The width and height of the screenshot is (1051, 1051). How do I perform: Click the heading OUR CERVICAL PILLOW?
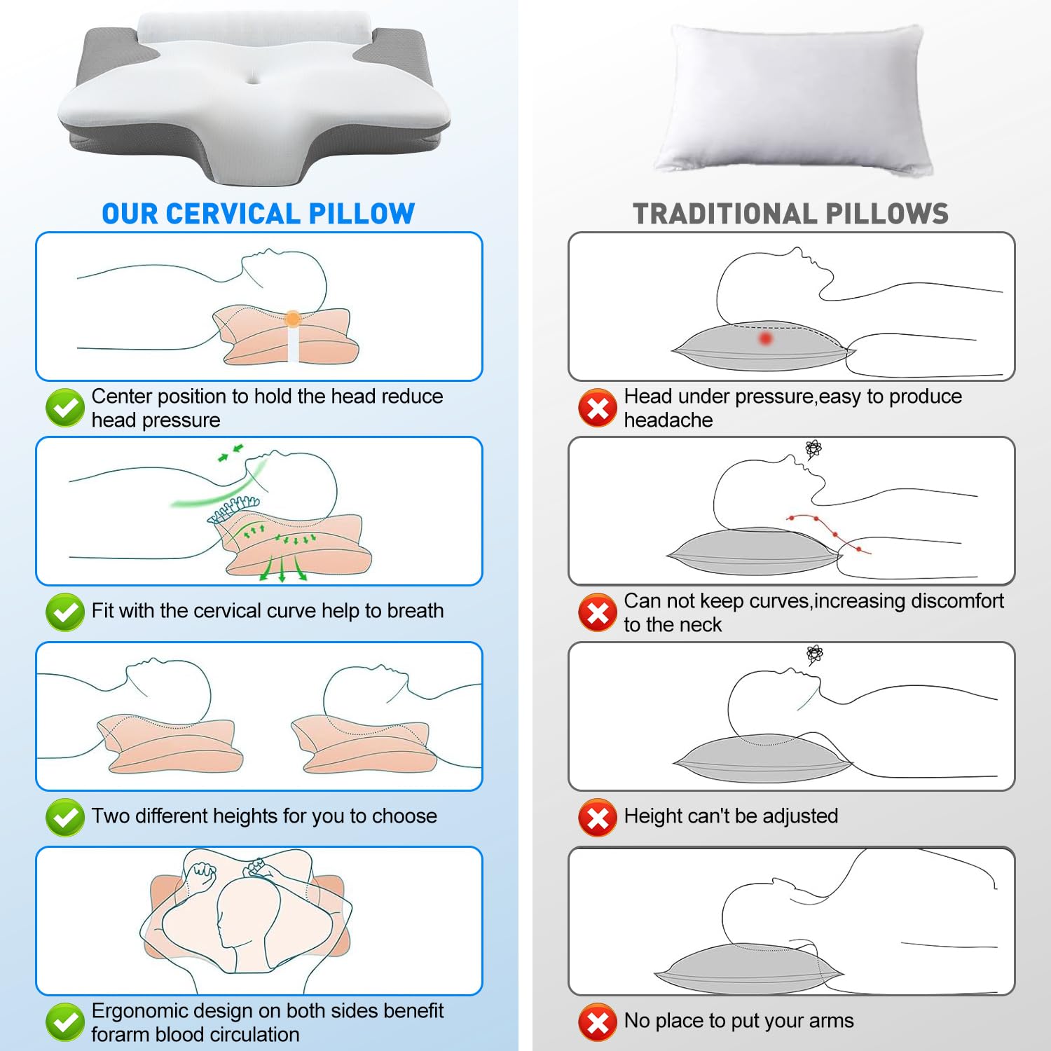coord(259,214)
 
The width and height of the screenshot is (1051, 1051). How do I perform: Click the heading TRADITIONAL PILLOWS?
coord(791,214)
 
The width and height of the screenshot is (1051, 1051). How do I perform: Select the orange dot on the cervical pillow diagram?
coord(293,319)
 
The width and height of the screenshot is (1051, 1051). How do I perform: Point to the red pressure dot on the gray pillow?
coord(766,338)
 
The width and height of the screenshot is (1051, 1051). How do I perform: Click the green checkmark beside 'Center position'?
coord(65,408)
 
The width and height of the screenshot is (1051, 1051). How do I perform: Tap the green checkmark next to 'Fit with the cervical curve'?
coord(65,612)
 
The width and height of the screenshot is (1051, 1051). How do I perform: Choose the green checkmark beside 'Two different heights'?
coord(65,817)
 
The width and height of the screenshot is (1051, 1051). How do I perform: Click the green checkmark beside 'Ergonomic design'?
coord(65,1022)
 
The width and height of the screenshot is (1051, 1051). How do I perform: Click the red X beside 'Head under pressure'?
coord(598,408)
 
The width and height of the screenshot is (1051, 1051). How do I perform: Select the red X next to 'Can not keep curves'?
coord(598,612)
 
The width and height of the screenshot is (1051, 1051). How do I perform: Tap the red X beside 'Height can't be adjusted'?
coord(598,817)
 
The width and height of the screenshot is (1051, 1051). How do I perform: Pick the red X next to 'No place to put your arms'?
coord(598,1022)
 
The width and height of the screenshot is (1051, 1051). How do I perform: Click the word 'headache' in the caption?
coord(668,420)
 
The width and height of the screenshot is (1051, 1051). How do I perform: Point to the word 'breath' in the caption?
coord(415,610)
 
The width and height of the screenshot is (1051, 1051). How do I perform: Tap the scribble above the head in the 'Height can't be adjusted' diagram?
coord(814,655)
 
